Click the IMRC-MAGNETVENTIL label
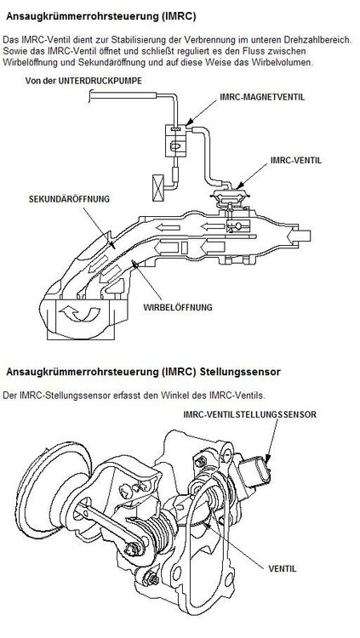262,98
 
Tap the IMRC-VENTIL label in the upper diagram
296,160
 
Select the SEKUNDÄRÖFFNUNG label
69,199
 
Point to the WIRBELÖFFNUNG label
178,308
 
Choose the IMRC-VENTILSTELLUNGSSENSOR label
249,414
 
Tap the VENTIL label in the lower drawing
283,568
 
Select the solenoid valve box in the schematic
176,140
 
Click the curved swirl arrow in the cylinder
79,314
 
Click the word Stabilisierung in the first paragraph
147,41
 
